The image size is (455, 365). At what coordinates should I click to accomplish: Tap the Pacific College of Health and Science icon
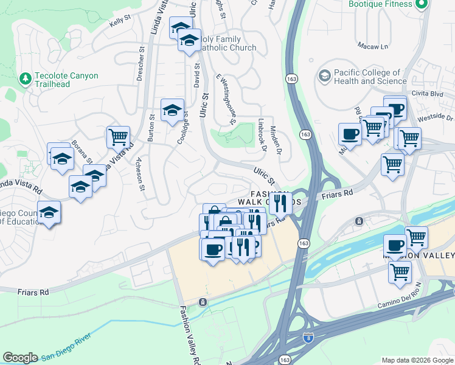(x=325, y=75)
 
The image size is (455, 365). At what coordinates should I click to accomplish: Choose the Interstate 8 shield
(x=309, y=337)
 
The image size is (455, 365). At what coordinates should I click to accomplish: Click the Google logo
(x=20, y=357)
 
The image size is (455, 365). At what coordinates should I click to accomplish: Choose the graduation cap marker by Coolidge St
(x=172, y=110)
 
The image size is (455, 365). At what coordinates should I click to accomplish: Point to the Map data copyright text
(x=417, y=360)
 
